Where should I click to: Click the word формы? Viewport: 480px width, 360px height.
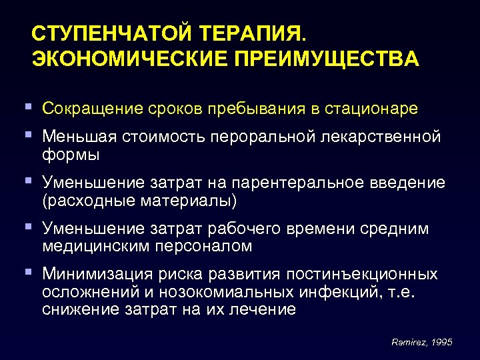(x=70, y=155)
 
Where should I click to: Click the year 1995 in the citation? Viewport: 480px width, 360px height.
(x=440, y=341)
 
